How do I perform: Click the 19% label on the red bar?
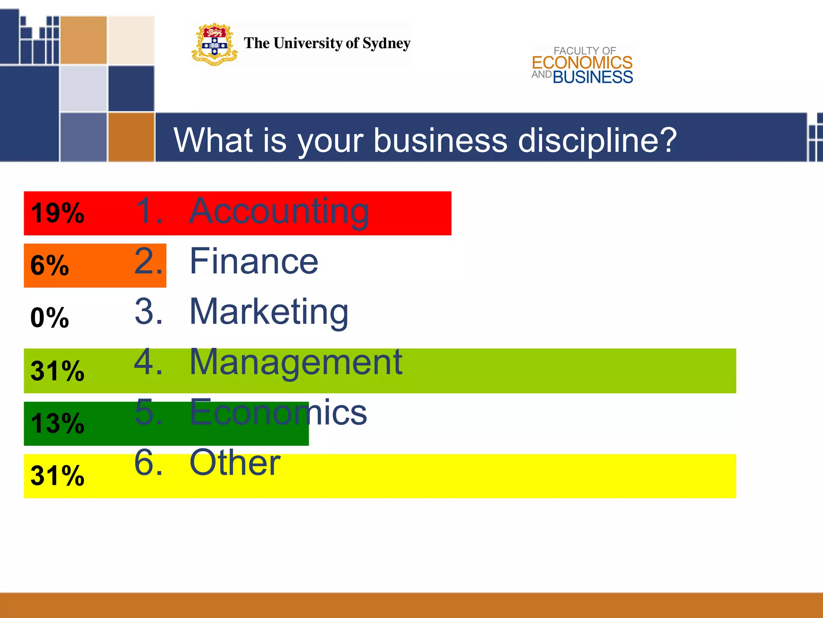[x=57, y=213]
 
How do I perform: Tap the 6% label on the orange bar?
[x=49, y=265]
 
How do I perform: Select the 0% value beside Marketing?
[x=49, y=317]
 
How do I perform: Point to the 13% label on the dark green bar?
[x=57, y=423]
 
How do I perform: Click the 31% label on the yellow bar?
[x=57, y=476]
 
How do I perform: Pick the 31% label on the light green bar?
[x=57, y=371]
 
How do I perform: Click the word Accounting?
[x=279, y=212]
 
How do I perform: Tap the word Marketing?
[x=269, y=312]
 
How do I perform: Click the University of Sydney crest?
[x=214, y=44]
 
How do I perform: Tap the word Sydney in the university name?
[x=386, y=43]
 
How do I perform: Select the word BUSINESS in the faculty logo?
[x=593, y=77]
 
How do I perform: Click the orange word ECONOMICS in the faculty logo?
[x=582, y=63]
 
